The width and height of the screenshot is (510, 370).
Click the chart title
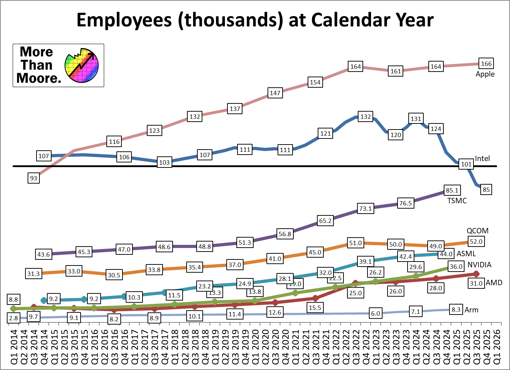[x=255, y=20]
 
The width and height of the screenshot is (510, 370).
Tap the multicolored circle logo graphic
[x=82, y=65]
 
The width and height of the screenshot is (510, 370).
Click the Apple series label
[x=485, y=74]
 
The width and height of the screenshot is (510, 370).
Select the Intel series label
[x=482, y=159]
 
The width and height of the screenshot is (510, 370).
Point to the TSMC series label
[x=457, y=201]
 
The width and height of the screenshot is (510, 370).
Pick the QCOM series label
[x=477, y=231]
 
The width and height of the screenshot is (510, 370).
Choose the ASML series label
[x=466, y=254]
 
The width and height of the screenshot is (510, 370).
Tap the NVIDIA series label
[x=480, y=265]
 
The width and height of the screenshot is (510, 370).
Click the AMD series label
[x=494, y=283]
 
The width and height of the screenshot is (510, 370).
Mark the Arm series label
[x=471, y=310]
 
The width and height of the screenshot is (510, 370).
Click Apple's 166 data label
[x=486, y=64]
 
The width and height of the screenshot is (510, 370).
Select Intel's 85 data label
[x=486, y=190]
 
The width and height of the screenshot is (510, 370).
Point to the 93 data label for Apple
[x=34, y=178]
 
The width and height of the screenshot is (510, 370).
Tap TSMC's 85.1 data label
[x=452, y=190]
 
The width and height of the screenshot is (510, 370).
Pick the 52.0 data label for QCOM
[x=476, y=242]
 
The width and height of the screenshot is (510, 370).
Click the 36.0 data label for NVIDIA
[x=456, y=267]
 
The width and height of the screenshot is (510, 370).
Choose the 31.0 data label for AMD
[x=476, y=283]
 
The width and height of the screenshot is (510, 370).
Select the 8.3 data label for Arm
[x=456, y=310]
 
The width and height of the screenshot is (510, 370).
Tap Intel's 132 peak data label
[x=365, y=117]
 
